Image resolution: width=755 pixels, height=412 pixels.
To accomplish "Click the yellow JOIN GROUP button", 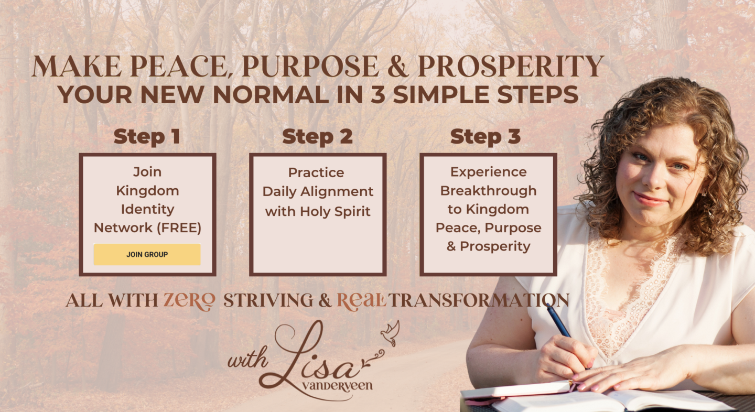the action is click(147, 254).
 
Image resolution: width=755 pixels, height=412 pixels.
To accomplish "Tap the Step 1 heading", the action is click(147, 137).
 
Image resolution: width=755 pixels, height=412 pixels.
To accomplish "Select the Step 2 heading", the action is click(317, 137).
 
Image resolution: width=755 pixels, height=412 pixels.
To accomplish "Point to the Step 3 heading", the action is click(486, 136).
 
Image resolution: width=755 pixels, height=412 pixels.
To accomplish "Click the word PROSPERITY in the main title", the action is click(511, 66).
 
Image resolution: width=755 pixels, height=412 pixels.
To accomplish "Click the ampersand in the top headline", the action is click(398, 67).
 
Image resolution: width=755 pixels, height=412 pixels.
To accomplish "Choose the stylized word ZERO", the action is click(189, 300).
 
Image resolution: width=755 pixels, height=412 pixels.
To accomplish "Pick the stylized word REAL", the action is click(362, 300).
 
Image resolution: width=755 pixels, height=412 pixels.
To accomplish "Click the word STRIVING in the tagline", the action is click(268, 300).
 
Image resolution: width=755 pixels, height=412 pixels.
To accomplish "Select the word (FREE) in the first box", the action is click(179, 228).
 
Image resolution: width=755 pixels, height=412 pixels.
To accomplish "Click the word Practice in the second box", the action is click(316, 172).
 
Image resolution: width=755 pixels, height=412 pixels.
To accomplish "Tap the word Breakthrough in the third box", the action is click(489, 191).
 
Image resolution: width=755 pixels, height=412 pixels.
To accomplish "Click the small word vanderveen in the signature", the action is click(337, 386).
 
